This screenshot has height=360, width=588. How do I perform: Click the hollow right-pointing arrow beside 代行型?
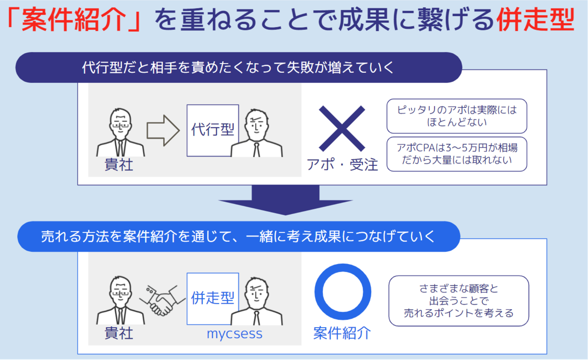[x=163, y=130]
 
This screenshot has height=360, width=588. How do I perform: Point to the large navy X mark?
[x=342, y=129]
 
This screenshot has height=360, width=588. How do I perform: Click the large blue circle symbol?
[x=343, y=292]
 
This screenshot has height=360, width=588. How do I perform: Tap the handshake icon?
[x=162, y=301]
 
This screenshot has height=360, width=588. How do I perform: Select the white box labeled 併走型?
[x=212, y=298]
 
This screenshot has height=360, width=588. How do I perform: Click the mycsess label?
[x=235, y=334]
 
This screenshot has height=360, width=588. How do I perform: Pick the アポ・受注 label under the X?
[x=342, y=165]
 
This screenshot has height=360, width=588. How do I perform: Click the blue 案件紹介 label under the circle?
[x=342, y=333]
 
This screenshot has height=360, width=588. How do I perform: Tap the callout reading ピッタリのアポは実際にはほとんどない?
[x=457, y=116]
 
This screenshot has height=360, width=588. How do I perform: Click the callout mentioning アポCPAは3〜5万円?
[x=457, y=154]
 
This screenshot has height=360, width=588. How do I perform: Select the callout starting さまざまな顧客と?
[x=459, y=301]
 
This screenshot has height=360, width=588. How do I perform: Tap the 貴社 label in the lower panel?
[x=119, y=333]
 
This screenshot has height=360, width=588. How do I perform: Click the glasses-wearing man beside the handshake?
[x=120, y=300]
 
